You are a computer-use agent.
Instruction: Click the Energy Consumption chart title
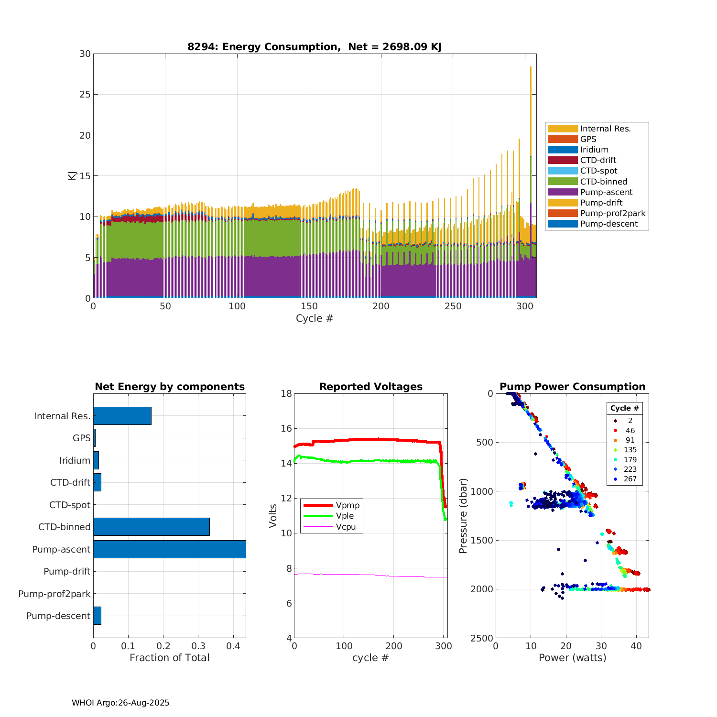click(314, 47)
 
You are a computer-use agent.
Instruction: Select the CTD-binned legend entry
click(603, 182)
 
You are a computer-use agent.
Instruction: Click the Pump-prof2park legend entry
click(612, 213)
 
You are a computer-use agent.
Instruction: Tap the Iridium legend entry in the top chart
click(594, 150)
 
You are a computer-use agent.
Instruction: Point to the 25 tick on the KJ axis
click(85, 94)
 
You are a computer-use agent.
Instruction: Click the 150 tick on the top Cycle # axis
click(309, 306)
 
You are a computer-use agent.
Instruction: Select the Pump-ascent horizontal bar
click(169, 549)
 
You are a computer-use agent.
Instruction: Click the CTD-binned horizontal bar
click(151, 527)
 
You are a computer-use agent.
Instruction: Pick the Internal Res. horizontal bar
click(122, 416)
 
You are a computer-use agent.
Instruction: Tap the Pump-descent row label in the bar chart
click(58, 616)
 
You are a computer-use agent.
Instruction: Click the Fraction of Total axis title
click(169, 658)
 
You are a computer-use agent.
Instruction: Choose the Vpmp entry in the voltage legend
click(348, 505)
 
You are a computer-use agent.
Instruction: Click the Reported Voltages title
click(370, 387)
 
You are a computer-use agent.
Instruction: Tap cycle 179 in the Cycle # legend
click(630, 459)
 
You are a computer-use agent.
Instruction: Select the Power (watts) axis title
click(572, 658)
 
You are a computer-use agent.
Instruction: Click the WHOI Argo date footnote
click(120, 703)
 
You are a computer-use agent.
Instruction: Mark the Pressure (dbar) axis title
click(463, 516)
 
